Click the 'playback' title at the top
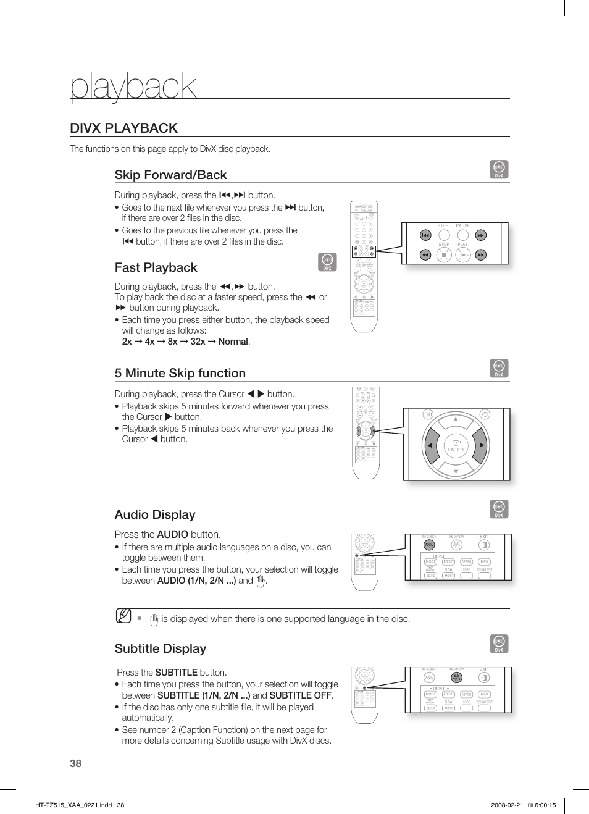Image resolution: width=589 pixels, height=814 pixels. pyautogui.click(x=133, y=86)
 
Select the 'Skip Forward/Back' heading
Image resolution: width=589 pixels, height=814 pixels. pyautogui.click(x=170, y=175)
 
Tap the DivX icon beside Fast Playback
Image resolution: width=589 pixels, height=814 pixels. pyautogui.click(x=327, y=262)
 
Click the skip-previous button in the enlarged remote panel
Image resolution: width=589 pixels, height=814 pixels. pyautogui.click(x=425, y=235)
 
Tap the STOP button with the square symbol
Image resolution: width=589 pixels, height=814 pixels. pyautogui.click(x=444, y=255)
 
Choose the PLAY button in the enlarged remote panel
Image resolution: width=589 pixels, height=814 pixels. pyautogui.click(x=463, y=255)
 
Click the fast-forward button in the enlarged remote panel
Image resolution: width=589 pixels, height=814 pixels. pyautogui.click(x=480, y=255)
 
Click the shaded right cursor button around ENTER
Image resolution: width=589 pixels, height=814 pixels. pyautogui.click(x=480, y=445)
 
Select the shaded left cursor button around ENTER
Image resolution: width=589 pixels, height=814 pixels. pyautogui.click(x=430, y=445)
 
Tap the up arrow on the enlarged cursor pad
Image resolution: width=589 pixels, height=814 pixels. pyautogui.click(x=456, y=419)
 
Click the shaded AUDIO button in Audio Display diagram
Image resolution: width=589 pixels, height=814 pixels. pyautogui.click(x=429, y=545)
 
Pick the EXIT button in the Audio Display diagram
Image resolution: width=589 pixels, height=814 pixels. pyautogui.click(x=484, y=545)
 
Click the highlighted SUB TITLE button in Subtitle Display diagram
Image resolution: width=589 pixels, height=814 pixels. pyautogui.click(x=456, y=678)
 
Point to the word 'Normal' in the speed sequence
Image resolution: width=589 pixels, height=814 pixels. pyautogui.click(x=233, y=342)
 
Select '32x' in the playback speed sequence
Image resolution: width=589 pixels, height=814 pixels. pyautogui.click(x=198, y=342)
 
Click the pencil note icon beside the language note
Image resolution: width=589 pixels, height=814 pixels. pyautogui.click(x=123, y=616)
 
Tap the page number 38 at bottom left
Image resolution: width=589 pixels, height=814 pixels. pyautogui.click(x=75, y=763)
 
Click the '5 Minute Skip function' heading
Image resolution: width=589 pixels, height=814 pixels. pyautogui.click(x=180, y=373)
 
